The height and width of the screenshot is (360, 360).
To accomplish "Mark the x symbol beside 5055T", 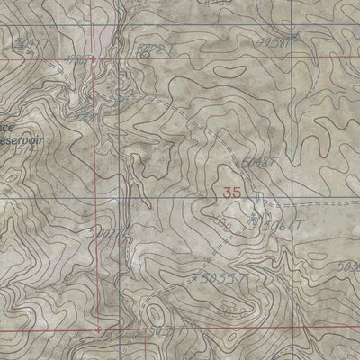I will [x=197, y=279].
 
